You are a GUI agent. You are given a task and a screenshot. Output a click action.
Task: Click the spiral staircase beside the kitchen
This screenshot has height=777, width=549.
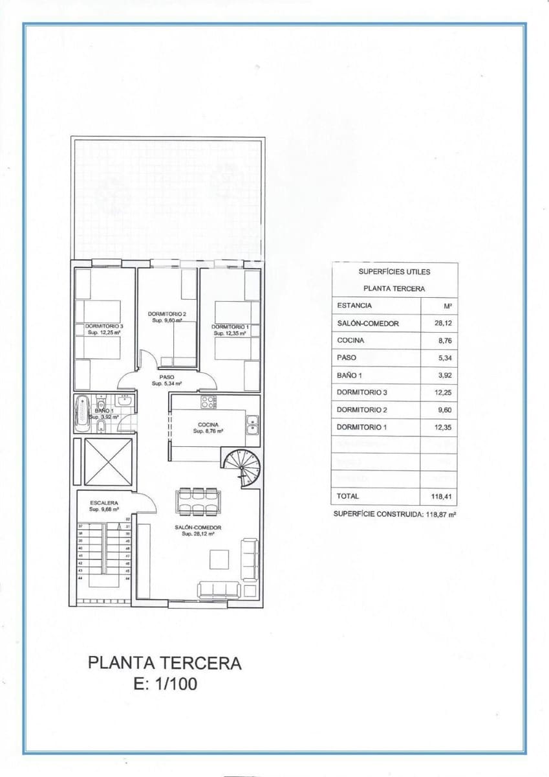241,467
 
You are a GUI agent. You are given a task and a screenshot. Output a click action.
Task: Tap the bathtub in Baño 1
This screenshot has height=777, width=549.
82,414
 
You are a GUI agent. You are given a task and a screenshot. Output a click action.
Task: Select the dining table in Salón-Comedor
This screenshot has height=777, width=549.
199,501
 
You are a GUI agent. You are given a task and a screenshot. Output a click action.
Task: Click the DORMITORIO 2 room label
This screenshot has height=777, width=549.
167,313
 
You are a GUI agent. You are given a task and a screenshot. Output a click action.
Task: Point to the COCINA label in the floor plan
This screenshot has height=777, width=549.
208,425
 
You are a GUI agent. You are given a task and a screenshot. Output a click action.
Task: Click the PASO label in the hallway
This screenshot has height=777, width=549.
166,377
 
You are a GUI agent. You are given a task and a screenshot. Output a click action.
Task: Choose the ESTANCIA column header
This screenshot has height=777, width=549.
354,306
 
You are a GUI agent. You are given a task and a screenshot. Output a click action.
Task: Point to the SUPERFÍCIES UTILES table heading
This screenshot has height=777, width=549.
394,272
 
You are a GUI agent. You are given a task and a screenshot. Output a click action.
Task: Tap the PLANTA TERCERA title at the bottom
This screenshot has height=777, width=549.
165,663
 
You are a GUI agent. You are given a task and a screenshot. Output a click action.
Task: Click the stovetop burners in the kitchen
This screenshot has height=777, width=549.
208,402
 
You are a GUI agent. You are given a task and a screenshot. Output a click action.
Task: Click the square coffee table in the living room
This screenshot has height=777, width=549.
219,559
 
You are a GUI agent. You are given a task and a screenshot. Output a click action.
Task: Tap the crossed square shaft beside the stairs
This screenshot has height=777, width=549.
107,462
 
